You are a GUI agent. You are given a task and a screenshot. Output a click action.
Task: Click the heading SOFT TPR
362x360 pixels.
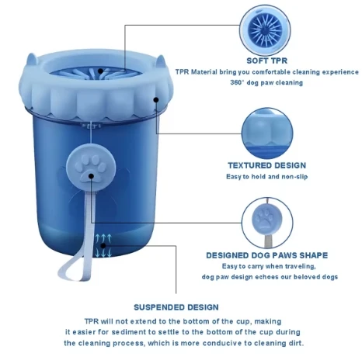pyautogui.click(x=267, y=61)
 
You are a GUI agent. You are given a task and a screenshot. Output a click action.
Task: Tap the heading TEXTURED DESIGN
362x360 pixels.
pyautogui.click(x=267, y=165)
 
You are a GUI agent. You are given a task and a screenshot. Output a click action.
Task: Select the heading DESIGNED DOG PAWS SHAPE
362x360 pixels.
pyautogui.click(x=267, y=255)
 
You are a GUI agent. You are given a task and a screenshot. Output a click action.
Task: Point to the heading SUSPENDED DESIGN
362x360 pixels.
pyautogui.click(x=176, y=307)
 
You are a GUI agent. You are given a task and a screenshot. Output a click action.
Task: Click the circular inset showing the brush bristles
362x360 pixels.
pyautogui.click(x=265, y=30)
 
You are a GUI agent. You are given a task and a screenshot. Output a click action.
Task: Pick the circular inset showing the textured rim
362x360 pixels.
pyautogui.click(x=267, y=133)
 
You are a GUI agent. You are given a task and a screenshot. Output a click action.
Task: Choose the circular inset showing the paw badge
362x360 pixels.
pyautogui.click(x=267, y=223)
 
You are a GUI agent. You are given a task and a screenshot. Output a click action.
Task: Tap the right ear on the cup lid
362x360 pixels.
pyautogui.click(x=160, y=61)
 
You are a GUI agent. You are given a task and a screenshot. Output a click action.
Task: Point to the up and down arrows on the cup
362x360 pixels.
pyautogui.click(x=103, y=246)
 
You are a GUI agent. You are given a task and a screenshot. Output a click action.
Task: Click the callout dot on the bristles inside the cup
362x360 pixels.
pyautogui.click(x=100, y=71)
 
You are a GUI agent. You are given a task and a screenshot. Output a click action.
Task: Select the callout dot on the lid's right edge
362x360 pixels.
pyautogui.click(x=156, y=100)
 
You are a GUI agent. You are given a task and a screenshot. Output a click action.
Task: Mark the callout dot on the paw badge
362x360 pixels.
pyautogui.click(x=91, y=176)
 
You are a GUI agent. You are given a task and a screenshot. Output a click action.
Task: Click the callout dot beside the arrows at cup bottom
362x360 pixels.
pyautogui.click(x=103, y=245)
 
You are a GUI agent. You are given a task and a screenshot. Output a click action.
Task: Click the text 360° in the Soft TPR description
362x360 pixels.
pyautogui.click(x=237, y=83)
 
